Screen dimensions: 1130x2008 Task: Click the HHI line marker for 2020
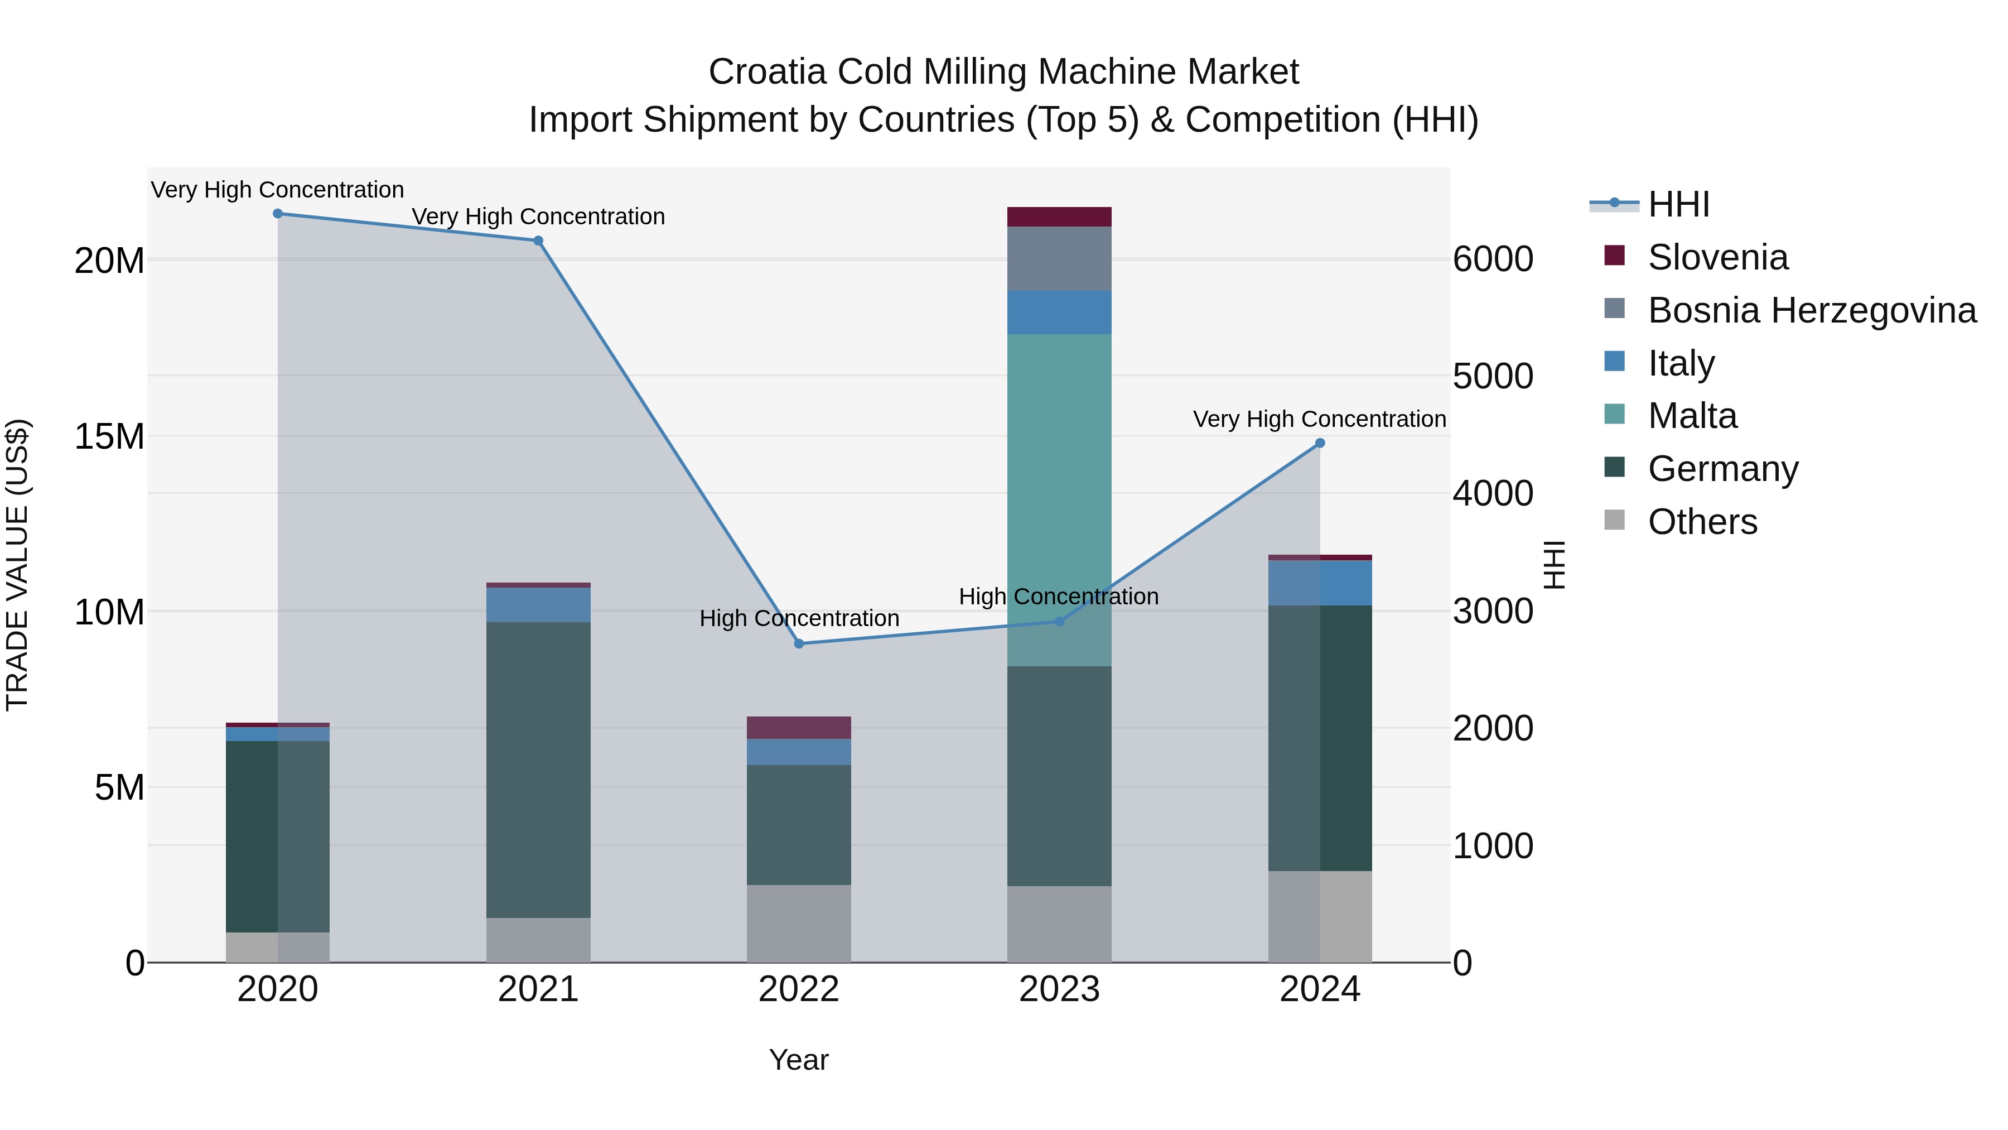pyautogui.click(x=278, y=214)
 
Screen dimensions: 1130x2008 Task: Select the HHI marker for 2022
pyautogui.click(x=799, y=643)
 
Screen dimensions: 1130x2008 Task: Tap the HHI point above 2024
pyautogui.click(x=1320, y=443)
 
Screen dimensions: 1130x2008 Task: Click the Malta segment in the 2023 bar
pyautogui.click(x=1059, y=499)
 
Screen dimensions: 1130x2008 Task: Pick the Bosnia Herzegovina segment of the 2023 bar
pyautogui.click(x=1059, y=259)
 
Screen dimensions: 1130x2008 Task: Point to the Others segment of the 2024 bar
pyautogui.click(x=1320, y=916)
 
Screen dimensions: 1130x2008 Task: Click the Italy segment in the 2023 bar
pyautogui.click(x=1059, y=312)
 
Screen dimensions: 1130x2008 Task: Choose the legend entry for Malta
pyautogui.click(x=1692, y=416)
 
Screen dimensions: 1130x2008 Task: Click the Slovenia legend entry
pyautogui.click(x=1717, y=257)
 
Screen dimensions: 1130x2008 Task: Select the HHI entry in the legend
pyautogui.click(x=1678, y=204)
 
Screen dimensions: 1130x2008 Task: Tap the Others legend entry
pyautogui.click(x=1702, y=522)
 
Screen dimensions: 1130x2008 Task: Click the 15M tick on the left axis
pyautogui.click(x=109, y=437)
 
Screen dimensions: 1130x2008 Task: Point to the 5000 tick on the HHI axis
pyautogui.click(x=1493, y=377)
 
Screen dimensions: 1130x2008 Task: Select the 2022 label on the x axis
pyautogui.click(x=799, y=989)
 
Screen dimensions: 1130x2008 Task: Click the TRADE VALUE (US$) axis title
pyautogui.click(x=18, y=565)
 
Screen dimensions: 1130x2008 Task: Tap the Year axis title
pyautogui.click(x=799, y=1060)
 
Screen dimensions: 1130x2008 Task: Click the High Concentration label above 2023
pyautogui.click(x=1059, y=597)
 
